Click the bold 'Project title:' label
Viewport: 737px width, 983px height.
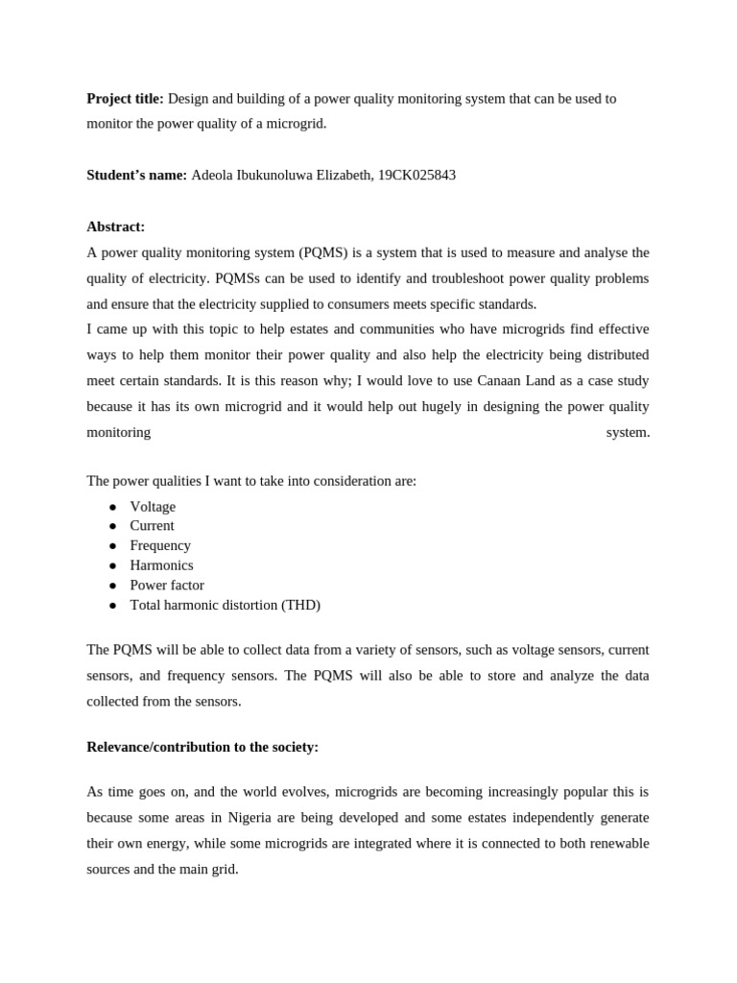[x=125, y=99]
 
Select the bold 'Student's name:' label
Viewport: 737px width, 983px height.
[x=136, y=176]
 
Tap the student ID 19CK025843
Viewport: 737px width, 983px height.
[x=416, y=176]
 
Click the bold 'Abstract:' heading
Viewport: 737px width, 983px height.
[x=115, y=227]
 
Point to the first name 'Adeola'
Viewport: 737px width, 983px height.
[x=213, y=176]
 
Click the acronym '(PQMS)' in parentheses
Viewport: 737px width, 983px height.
[x=327, y=252]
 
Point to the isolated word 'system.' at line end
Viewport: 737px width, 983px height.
[x=628, y=432]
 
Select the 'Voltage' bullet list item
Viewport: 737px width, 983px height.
[x=153, y=507]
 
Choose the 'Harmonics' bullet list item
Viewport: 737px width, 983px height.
[x=161, y=565]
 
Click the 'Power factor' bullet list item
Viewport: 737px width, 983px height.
[x=167, y=585]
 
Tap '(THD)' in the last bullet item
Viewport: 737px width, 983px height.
[x=300, y=605]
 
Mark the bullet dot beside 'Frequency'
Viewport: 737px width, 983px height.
[x=112, y=546]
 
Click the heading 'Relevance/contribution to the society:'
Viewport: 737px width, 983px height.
[x=202, y=747]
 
